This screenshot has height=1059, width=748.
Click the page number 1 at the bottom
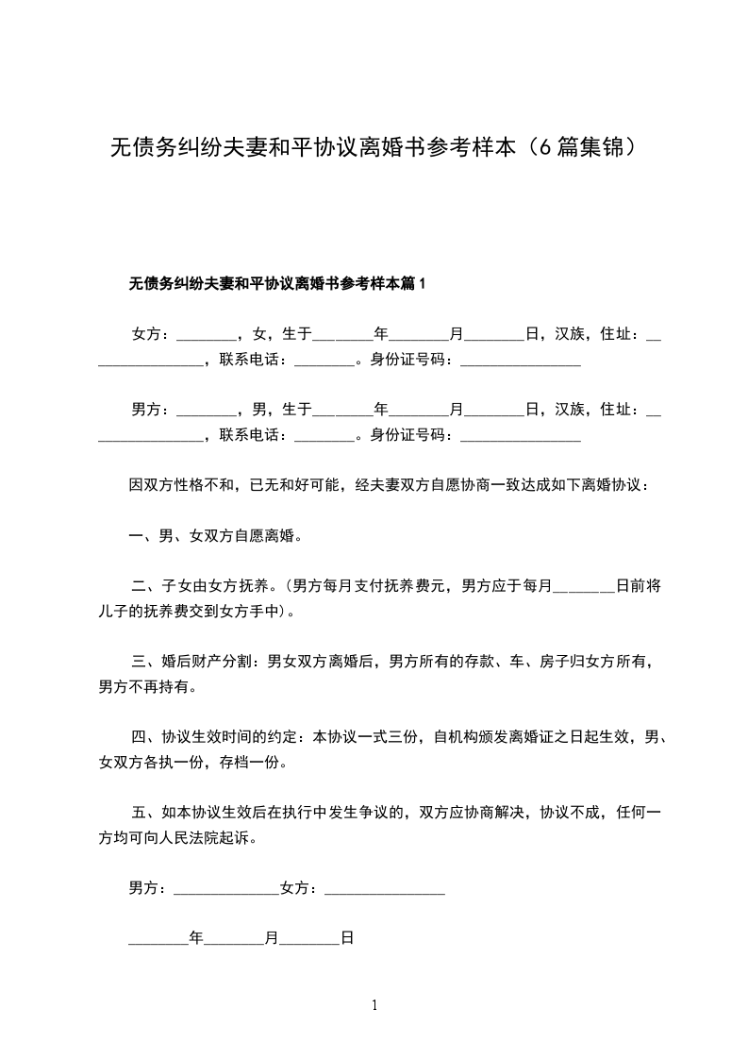pyautogui.click(x=374, y=1005)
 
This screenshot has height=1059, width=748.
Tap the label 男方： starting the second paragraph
pyautogui.click(x=150, y=409)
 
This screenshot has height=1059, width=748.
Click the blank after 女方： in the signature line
pyautogui.click(x=384, y=888)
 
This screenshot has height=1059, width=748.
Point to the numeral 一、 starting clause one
pyautogui.click(x=143, y=536)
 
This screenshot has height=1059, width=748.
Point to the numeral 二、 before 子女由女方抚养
pyautogui.click(x=146, y=586)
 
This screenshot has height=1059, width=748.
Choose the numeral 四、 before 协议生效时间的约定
pyautogui.click(x=146, y=737)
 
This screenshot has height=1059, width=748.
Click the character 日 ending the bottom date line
pyautogui.click(x=346, y=939)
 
